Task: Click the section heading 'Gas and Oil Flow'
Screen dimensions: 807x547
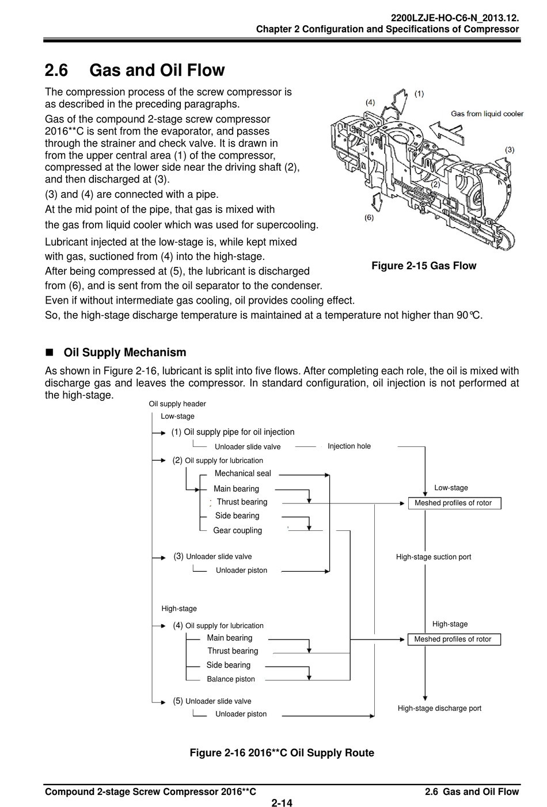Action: pos(157,71)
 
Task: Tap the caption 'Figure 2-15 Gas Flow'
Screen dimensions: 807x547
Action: pos(424,266)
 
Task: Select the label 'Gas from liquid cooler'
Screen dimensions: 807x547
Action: pos(487,113)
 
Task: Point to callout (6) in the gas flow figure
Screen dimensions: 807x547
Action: pos(369,218)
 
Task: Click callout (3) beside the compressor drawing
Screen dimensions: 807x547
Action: pos(509,150)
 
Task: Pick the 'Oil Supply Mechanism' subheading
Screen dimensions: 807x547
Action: pos(125,353)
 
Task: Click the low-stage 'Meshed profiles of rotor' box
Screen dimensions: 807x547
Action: pos(453,503)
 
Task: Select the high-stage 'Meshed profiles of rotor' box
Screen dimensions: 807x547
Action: pos(453,639)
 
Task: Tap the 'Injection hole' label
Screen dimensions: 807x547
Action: pos(349,446)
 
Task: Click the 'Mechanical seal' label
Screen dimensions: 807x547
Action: pos(242,473)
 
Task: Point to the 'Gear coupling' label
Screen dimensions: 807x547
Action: pos(237,530)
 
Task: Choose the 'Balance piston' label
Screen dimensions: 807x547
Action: pos(230,679)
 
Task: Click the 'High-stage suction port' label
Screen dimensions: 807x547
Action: pos(433,557)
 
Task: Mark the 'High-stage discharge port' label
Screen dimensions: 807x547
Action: pos(439,709)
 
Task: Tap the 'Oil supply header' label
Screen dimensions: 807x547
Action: pos(177,404)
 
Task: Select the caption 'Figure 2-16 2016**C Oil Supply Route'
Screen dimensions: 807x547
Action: pos(282,753)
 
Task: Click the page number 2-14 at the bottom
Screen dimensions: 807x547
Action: pos(282,803)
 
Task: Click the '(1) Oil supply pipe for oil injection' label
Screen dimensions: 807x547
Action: pos(233,432)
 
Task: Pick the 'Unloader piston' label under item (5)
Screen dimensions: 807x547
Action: pos(241,714)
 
